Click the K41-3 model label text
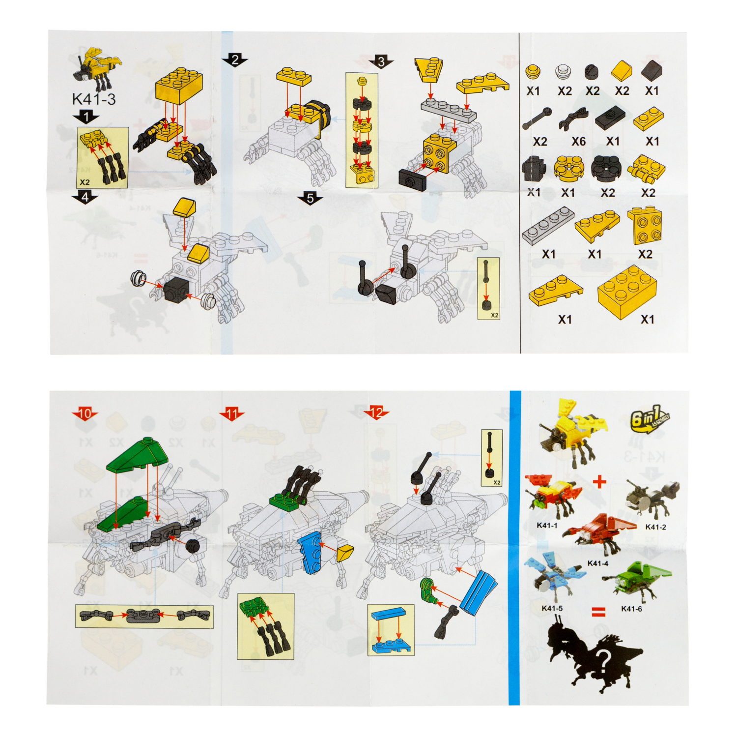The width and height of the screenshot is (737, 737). point(94,99)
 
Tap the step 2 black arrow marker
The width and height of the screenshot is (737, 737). point(235,60)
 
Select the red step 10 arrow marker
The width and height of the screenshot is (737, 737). point(85,414)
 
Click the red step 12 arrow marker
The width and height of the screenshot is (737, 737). point(376,413)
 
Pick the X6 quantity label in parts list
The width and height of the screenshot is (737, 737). point(578,142)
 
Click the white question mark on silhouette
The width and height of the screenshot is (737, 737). point(603,657)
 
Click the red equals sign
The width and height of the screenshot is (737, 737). point(598,611)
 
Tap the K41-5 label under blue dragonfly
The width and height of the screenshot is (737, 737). point(552,608)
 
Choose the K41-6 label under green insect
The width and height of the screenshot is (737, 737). point(631,609)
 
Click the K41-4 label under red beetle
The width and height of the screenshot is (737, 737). point(597,563)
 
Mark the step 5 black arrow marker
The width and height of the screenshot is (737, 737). point(310,198)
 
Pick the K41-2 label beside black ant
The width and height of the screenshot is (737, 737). point(655,527)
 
